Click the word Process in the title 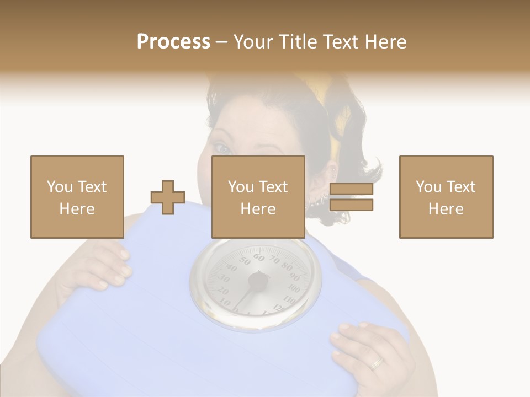pyautogui.click(x=173, y=42)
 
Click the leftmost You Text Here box pyautogui.click(x=77, y=197)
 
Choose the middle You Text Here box pyautogui.click(x=258, y=197)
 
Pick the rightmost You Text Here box pyautogui.click(x=446, y=197)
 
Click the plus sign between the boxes pyautogui.click(x=168, y=197)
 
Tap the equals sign pyautogui.click(x=351, y=197)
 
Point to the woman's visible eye pyautogui.click(x=221, y=148)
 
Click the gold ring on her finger pyautogui.click(x=377, y=362)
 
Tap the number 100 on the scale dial pyautogui.click(x=294, y=289)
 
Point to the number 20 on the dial pyautogui.click(x=222, y=290)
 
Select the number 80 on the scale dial pyautogui.click(x=285, y=266)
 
